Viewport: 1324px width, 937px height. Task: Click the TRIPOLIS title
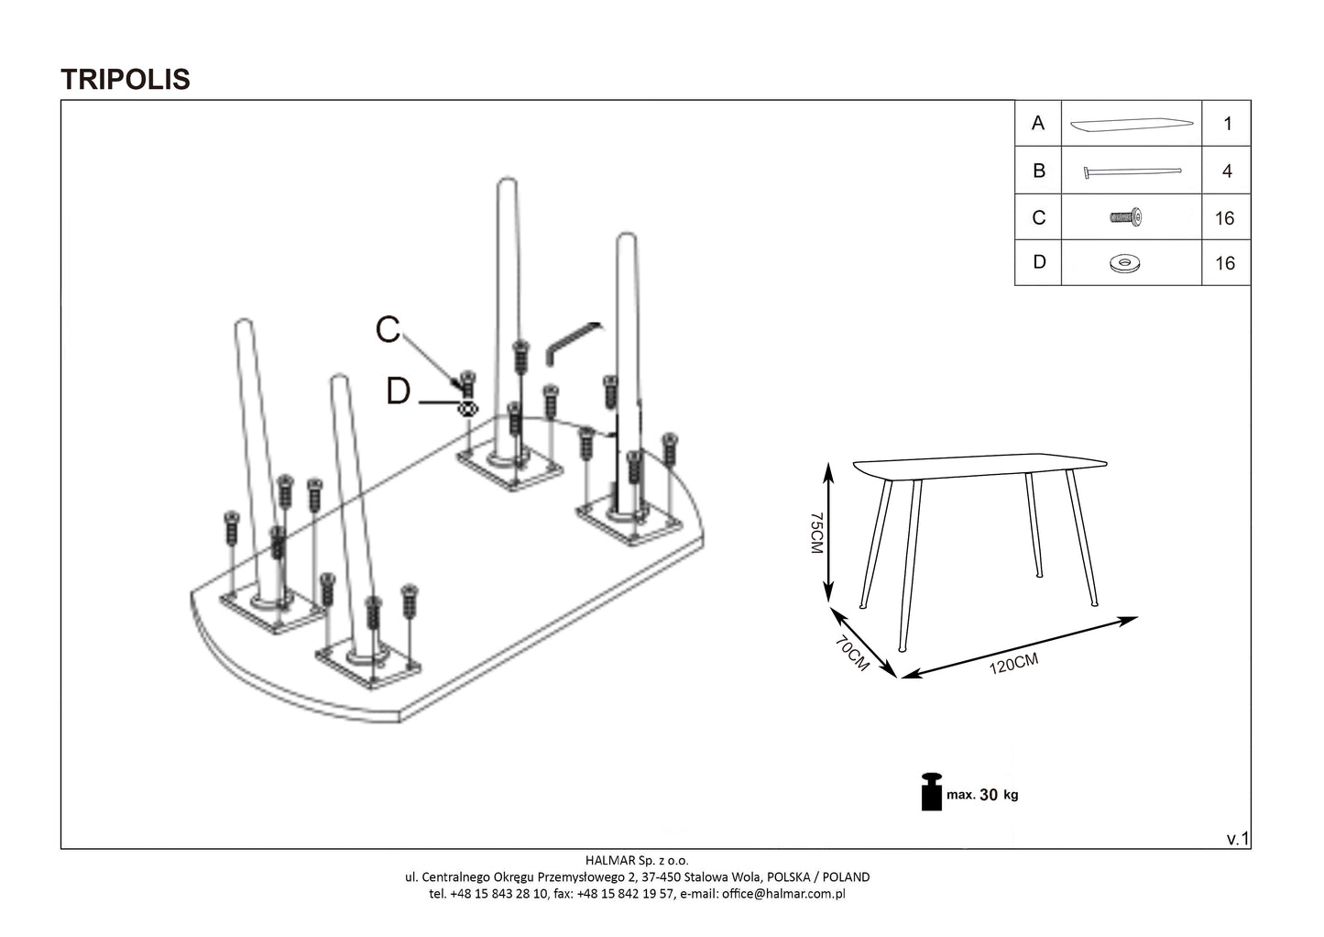point(126,79)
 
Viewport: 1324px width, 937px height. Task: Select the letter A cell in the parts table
point(1037,123)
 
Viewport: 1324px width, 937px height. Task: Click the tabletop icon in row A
point(1132,124)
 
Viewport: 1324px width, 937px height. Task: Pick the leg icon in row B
point(1132,171)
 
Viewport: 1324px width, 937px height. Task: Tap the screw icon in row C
point(1126,218)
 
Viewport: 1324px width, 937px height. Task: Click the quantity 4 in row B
point(1227,171)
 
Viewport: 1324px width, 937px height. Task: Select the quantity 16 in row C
point(1225,218)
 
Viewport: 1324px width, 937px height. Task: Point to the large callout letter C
point(388,329)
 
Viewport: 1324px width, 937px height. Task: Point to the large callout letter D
point(398,391)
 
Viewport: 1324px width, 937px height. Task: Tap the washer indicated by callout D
point(467,408)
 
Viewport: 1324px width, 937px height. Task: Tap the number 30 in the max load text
point(989,795)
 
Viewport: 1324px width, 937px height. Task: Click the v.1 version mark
point(1237,839)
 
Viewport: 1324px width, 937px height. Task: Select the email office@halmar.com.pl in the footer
point(783,894)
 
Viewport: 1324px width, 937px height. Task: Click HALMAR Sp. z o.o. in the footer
point(636,860)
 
